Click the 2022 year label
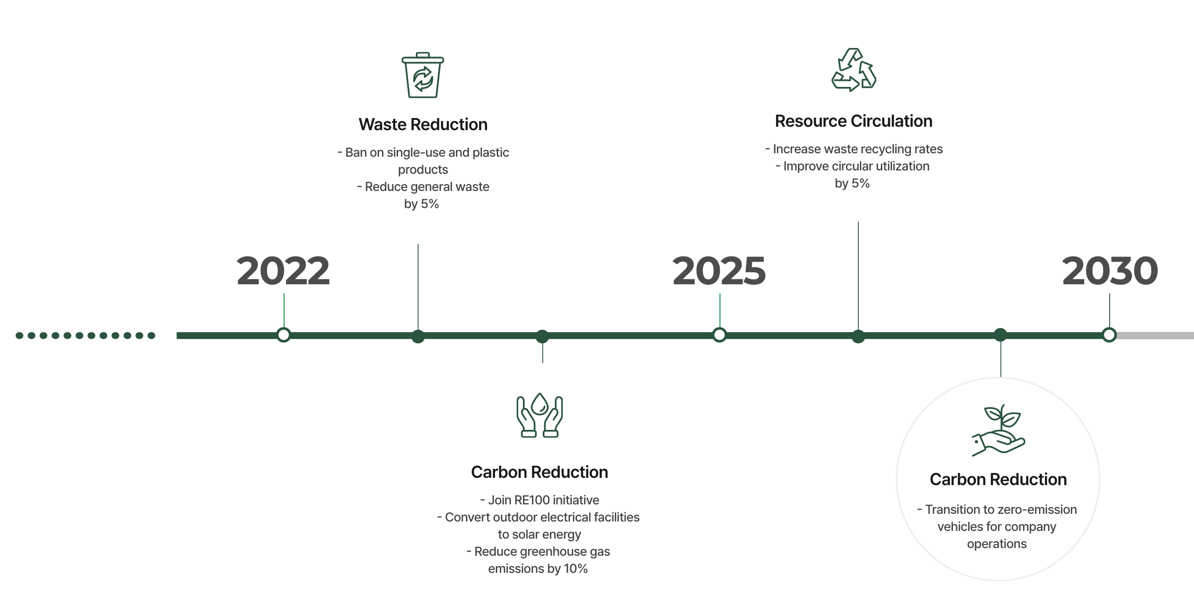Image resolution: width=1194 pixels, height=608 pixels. (x=283, y=271)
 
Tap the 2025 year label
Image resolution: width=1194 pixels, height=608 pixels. (x=719, y=271)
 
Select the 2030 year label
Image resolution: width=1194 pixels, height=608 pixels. (x=1110, y=271)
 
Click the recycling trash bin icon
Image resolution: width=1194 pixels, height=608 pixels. (x=422, y=75)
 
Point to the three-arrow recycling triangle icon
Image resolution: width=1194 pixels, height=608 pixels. (x=854, y=70)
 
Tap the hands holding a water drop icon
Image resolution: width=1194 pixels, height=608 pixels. (x=540, y=415)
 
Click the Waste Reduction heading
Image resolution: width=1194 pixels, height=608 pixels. (x=423, y=125)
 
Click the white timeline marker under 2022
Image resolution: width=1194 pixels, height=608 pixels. (x=284, y=334)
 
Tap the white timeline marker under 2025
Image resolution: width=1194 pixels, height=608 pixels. (x=719, y=334)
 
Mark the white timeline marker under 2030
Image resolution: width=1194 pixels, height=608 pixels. (x=1109, y=334)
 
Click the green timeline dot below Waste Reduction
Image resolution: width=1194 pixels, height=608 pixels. (x=418, y=337)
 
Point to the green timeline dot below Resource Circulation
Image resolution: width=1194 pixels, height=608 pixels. (x=858, y=337)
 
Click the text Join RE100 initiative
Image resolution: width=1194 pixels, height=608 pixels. (x=540, y=500)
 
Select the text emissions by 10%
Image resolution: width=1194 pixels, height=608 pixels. (x=537, y=569)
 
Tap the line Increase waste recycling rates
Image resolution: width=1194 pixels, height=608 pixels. (x=854, y=149)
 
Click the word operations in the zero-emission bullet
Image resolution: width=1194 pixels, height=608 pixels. (x=997, y=544)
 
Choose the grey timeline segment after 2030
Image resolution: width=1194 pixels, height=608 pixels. (x=1154, y=336)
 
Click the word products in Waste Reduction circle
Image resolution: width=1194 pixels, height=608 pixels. (x=423, y=170)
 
